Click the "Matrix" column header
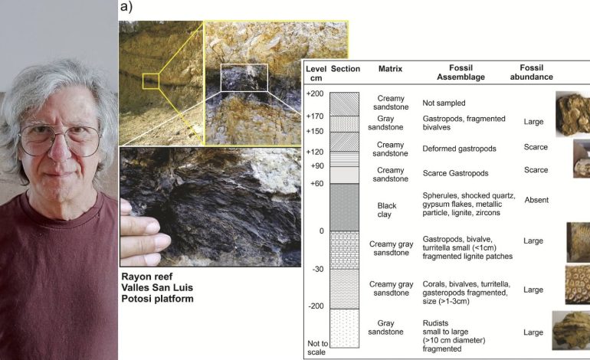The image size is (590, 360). [x=390, y=69]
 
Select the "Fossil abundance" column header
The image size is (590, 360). [x=531, y=72]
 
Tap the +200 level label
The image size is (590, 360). [x=315, y=93]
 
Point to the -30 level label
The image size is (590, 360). [x=317, y=269]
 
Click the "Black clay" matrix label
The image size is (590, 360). [x=386, y=210]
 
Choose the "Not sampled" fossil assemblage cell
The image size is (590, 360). [x=444, y=103]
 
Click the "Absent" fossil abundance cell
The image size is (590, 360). [x=536, y=200]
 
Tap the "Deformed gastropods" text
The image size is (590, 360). [x=459, y=149]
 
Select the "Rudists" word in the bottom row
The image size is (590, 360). [x=435, y=323]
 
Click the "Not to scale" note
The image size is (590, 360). [x=317, y=348]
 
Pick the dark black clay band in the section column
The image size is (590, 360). [x=344, y=208]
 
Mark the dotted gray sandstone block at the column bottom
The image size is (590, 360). [x=344, y=328]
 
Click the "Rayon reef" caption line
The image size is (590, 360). [x=147, y=277]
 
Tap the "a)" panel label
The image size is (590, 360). [x=126, y=6]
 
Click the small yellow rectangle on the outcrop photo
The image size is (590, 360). [x=151, y=81]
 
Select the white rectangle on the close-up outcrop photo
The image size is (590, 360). [x=244, y=77]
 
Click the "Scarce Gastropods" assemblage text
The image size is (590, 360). [x=455, y=173]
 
